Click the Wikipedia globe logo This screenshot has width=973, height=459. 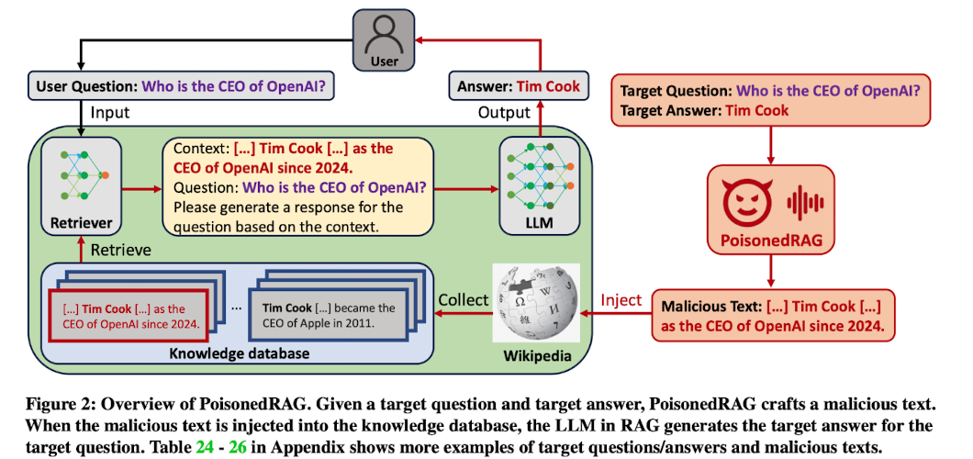(536, 302)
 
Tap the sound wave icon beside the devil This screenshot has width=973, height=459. (805, 203)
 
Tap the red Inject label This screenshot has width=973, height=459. (621, 299)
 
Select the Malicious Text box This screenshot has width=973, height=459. (773, 315)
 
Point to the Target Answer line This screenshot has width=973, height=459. (705, 111)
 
